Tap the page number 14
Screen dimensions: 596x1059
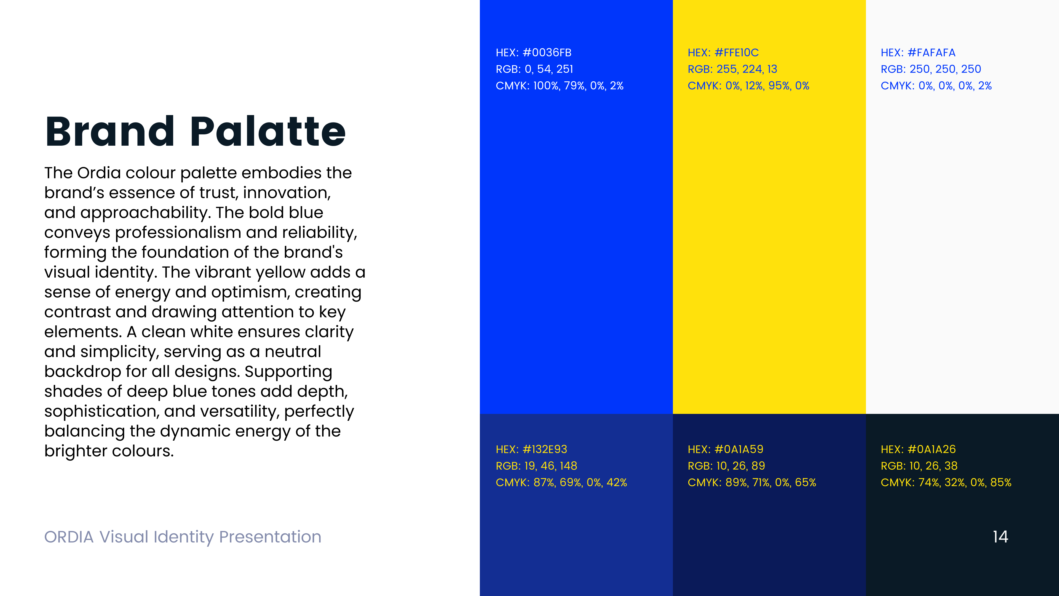1000,537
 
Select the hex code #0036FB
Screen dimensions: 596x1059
547,53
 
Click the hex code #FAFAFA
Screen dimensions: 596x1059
932,53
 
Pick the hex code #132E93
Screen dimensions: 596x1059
545,449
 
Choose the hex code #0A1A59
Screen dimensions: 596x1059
739,449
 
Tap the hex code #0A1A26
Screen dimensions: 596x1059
932,449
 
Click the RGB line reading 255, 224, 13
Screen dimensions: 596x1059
732,69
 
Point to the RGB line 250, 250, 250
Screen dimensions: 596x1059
931,69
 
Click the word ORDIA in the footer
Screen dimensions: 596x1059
69,537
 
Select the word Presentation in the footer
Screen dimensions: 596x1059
270,537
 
